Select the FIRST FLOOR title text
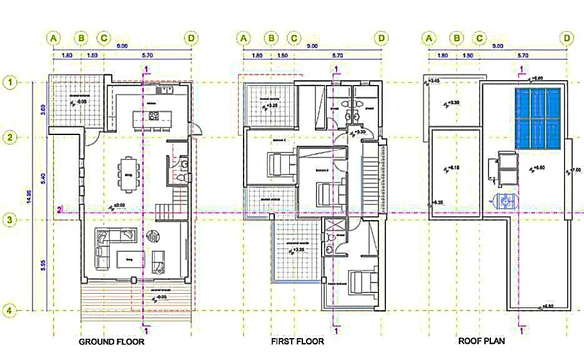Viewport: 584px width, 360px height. coord(297,342)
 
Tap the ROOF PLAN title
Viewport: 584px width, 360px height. coord(482,342)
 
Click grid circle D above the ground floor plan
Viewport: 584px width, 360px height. coord(191,38)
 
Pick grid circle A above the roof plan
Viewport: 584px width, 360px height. coord(429,38)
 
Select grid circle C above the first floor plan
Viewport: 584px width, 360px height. coord(294,38)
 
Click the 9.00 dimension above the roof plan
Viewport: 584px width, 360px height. coord(498,46)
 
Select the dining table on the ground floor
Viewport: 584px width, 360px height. coord(129,167)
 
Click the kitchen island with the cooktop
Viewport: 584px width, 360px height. coord(147,117)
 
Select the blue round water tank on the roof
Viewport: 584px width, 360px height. coord(503,201)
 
